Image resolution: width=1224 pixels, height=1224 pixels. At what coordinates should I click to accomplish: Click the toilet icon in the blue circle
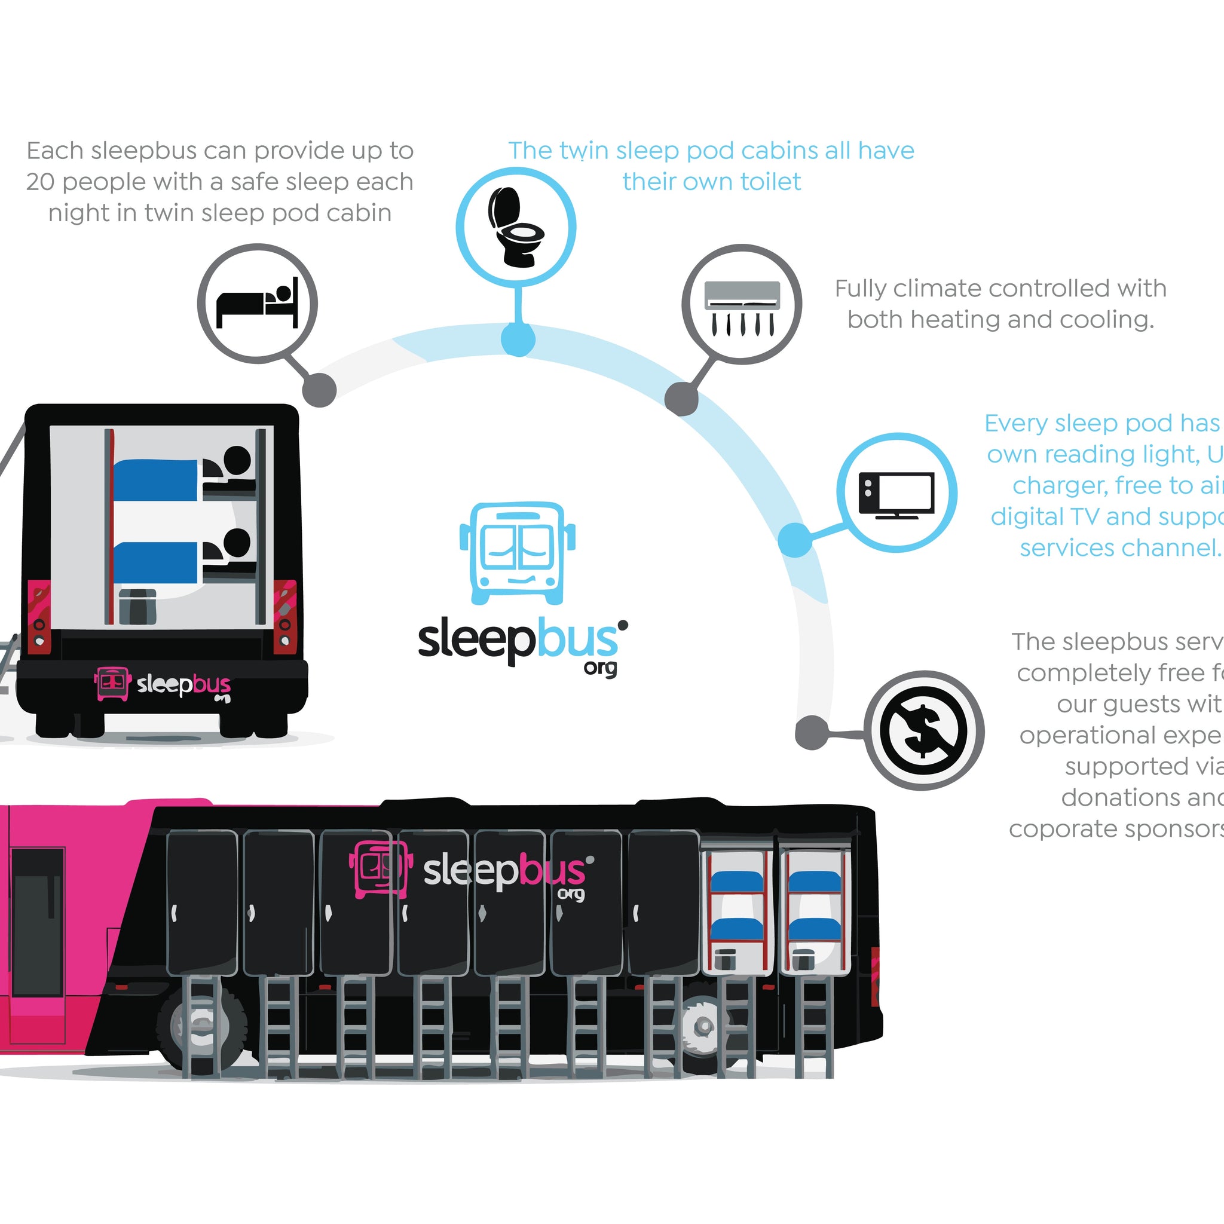516,226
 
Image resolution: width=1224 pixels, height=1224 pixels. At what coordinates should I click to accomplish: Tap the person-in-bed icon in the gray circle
257,304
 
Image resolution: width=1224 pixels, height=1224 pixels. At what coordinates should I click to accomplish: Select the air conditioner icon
742,307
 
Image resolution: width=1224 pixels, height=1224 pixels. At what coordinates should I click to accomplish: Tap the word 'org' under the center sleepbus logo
600,668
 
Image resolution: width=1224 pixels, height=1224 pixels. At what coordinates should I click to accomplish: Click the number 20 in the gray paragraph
41,182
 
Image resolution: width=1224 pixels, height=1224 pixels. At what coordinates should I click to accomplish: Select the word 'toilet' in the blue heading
770,182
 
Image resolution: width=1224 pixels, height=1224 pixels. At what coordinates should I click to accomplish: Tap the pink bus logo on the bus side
378,868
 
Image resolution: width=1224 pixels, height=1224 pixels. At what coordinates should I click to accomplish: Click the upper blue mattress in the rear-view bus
156,479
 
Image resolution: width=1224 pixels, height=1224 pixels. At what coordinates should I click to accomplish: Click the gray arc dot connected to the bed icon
319,388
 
